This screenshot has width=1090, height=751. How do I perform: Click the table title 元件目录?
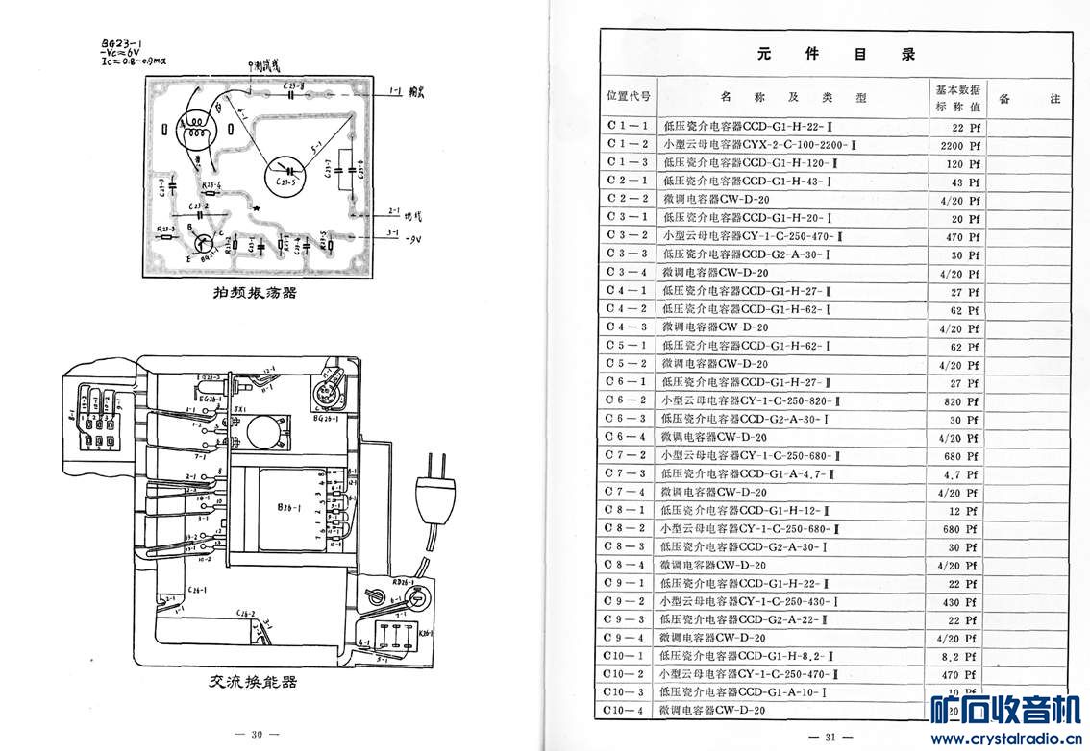coord(835,55)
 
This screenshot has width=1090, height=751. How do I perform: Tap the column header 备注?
coord(1029,98)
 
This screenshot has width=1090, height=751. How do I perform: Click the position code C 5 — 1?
coord(628,346)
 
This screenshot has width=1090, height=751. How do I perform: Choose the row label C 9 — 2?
coord(628,602)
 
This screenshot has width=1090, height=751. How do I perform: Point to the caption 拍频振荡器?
coord(255,292)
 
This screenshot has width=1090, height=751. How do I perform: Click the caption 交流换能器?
coord(253,682)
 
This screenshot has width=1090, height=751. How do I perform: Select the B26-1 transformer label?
coord(287,508)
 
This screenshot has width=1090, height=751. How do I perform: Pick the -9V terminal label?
coord(414,237)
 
